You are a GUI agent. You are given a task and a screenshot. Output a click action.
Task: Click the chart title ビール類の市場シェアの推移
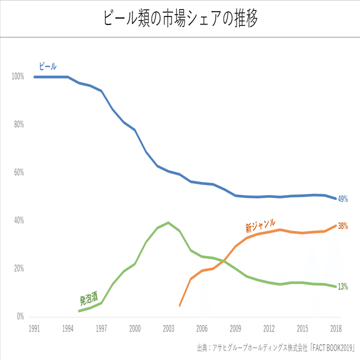click(x=180, y=18)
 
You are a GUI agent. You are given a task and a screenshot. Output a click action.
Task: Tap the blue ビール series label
click(x=48, y=66)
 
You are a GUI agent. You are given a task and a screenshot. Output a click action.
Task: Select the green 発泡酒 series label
click(x=88, y=299)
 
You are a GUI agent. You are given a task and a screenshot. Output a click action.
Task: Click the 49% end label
click(x=342, y=198)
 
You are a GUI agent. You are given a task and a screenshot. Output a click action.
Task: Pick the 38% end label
click(x=342, y=225)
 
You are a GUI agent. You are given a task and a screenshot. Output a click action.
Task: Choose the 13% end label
click(x=342, y=286)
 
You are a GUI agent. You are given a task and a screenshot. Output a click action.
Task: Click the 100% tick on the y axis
click(x=17, y=76)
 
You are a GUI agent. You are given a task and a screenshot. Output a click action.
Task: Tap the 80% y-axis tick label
click(x=18, y=124)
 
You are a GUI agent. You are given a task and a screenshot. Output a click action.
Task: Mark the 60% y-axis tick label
click(x=18, y=172)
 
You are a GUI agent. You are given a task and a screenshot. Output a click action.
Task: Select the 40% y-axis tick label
click(x=18, y=220)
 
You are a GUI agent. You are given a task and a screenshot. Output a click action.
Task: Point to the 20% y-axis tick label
click(x=18, y=268)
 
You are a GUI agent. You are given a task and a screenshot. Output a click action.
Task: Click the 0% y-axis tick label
click(x=20, y=316)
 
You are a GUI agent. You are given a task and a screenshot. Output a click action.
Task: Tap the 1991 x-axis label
click(x=34, y=328)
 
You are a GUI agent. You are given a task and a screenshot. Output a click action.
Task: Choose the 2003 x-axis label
click(x=168, y=328)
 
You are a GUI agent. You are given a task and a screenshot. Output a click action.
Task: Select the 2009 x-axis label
click(x=235, y=328)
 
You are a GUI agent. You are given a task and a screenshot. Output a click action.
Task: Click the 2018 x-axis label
click(x=336, y=328)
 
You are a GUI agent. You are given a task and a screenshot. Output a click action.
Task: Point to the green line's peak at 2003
click(x=168, y=222)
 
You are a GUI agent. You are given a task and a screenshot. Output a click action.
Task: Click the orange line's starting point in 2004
click(x=179, y=305)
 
